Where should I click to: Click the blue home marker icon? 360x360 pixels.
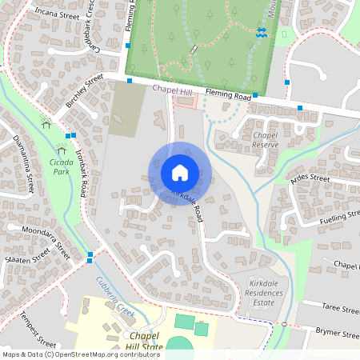(x=180, y=172)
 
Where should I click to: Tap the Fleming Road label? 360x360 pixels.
(x=228, y=95)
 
